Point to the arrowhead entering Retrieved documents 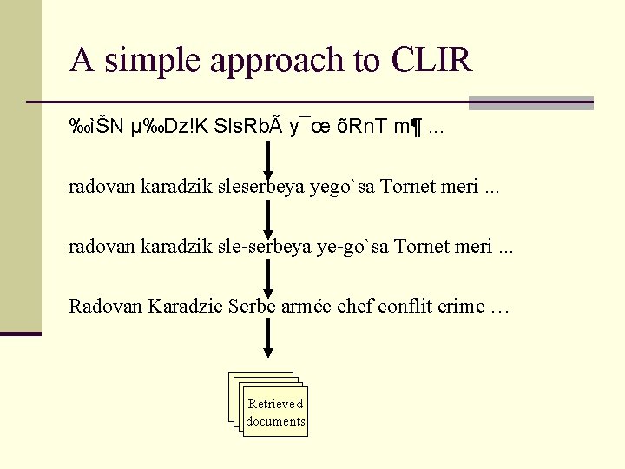click(x=268, y=353)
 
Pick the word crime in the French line click(x=461, y=306)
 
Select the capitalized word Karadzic click(x=186, y=306)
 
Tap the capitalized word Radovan click(x=106, y=306)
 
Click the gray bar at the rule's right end click(x=530, y=102)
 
